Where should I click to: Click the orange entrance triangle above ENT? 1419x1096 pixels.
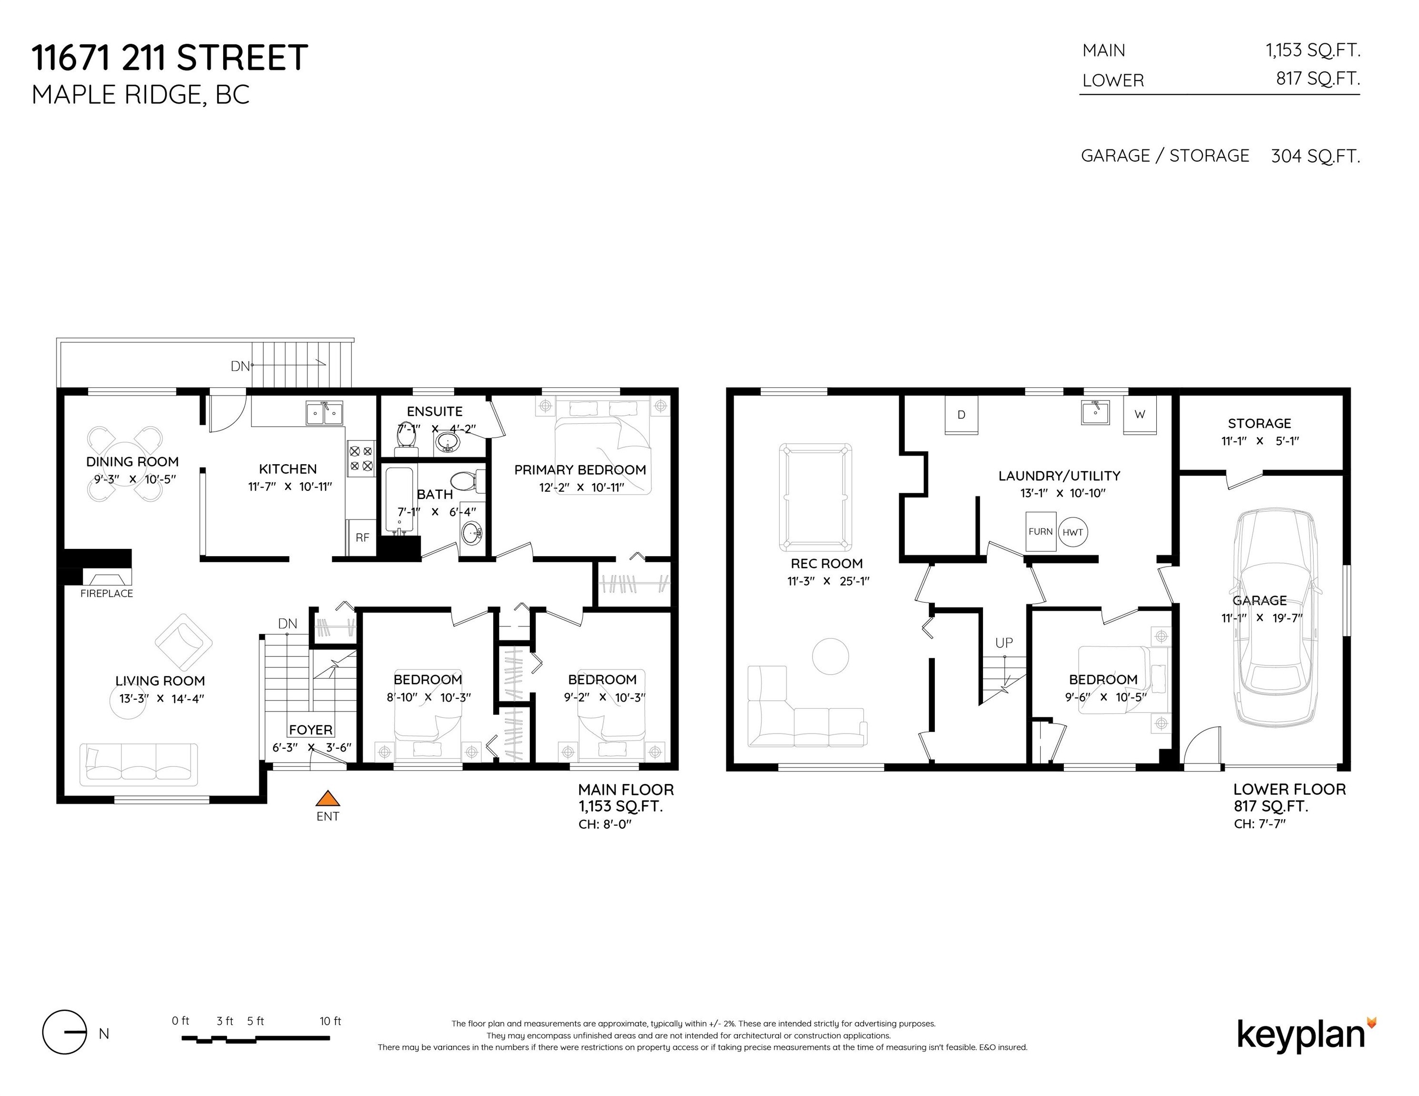327,798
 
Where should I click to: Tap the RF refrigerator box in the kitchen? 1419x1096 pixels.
362,537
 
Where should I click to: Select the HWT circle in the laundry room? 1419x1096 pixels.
1072,532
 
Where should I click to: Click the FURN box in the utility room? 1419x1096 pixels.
1040,532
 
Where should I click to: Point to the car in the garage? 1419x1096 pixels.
1277,617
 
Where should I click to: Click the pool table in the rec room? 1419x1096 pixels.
815,497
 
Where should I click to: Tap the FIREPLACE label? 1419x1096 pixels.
107,594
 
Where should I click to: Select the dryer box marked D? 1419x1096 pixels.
961,415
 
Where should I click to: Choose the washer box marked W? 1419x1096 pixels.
1140,415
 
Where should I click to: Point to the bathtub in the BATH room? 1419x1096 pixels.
399,500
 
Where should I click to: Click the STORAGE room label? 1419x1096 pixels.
1259,423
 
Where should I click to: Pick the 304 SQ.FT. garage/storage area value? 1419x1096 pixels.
1315,156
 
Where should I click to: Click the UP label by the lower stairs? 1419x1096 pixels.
1004,643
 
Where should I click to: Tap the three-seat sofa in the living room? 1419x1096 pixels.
139,764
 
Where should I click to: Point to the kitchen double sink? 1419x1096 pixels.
324,413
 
